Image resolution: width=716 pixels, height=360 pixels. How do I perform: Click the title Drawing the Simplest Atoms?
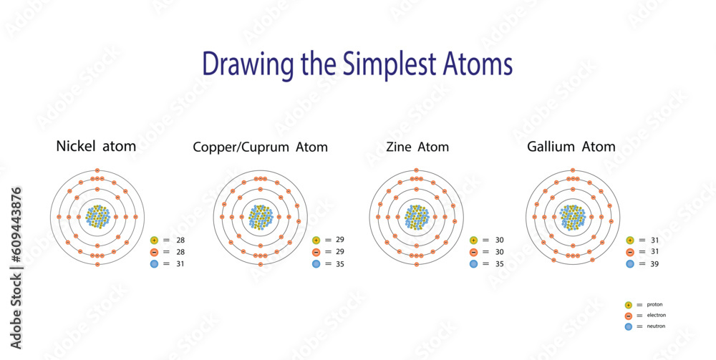pyautogui.click(x=357, y=64)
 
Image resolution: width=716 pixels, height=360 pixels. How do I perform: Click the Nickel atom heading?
pyautogui.click(x=96, y=147)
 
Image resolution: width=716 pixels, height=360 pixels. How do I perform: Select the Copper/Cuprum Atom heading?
pyautogui.click(x=260, y=147)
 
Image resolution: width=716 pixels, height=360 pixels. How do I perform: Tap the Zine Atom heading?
pyautogui.click(x=417, y=147)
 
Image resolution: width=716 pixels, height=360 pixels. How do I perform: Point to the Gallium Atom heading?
pyautogui.click(x=571, y=147)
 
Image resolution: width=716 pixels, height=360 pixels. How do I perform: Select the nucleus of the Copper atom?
pyautogui.click(x=261, y=217)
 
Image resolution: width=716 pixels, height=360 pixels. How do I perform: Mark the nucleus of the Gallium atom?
pyautogui.click(x=573, y=217)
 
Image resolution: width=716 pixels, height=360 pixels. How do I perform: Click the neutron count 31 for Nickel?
pyautogui.click(x=180, y=264)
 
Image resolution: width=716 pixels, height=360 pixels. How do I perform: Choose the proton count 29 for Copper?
pyautogui.click(x=340, y=240)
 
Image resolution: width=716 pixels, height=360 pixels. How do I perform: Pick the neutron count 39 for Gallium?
pyautogui.click(x=654, y=264)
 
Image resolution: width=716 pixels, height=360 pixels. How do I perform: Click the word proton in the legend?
pyautogui.click(x=654, y=304)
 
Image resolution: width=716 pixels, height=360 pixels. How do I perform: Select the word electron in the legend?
pyautogui.click(x=656, y=316)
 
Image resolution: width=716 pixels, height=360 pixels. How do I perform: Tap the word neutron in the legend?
pyautogui.click(x=656, y=326)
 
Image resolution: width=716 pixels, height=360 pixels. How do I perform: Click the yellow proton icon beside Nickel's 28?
pyautogui.click(x=155, y=240)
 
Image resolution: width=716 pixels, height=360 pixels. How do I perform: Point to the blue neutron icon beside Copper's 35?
pyautogui.click(x=316, y=264)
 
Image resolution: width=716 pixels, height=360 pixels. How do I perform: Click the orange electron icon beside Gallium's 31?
pyautogui.click(x=630, y=252)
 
